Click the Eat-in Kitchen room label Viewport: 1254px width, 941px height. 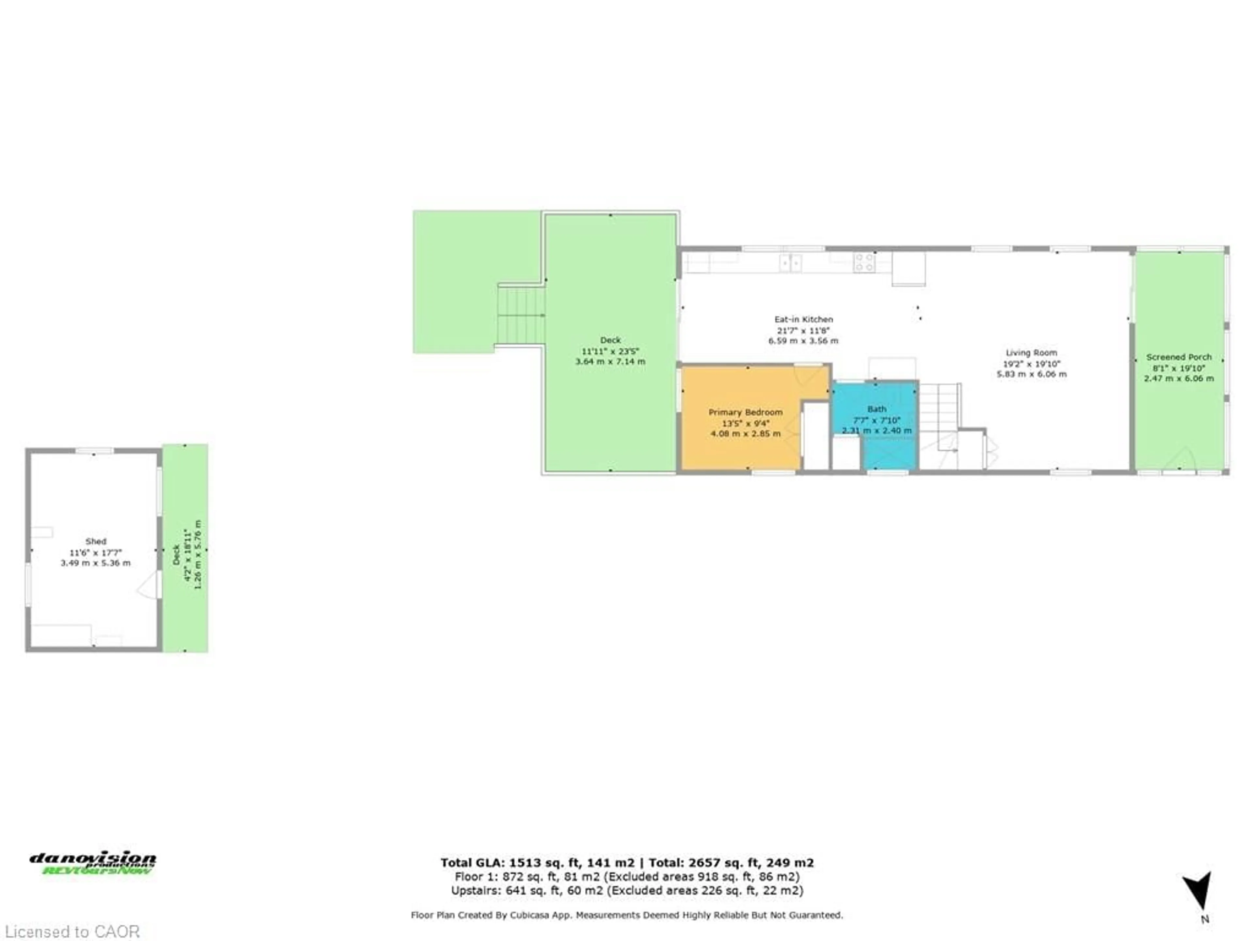(803, 319)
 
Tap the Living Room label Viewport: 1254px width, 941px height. (1031, 353)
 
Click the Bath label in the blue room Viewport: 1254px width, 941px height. (876, 409)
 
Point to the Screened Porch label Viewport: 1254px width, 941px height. (1179, 357)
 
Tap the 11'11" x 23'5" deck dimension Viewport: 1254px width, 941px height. (610, 351)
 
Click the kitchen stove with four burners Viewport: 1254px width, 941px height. (864, 263)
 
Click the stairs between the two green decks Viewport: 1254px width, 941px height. (521, 315)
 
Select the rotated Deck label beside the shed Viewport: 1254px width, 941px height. (176, 554)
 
